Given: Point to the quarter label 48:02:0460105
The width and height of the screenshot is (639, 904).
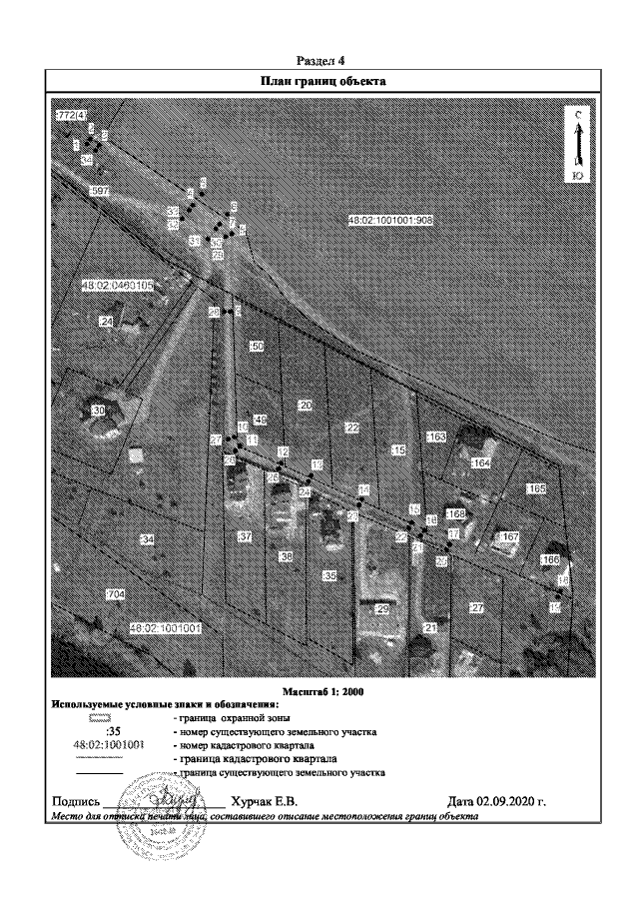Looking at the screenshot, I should [x=119, y=285].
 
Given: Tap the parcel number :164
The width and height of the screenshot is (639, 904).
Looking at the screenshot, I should [x=481, y=463].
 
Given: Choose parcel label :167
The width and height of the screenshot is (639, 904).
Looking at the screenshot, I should [x=510, y=538].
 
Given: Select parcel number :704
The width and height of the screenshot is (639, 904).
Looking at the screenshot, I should [x=115, y=594].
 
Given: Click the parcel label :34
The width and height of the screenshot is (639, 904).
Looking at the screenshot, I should [x=148, y=539].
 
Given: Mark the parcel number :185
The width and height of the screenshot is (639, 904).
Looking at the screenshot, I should [x=535, y=488].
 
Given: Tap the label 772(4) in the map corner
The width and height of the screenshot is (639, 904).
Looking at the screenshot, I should [x=69, y=117].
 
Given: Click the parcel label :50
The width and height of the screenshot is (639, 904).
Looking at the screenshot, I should [x=256, y=346].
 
